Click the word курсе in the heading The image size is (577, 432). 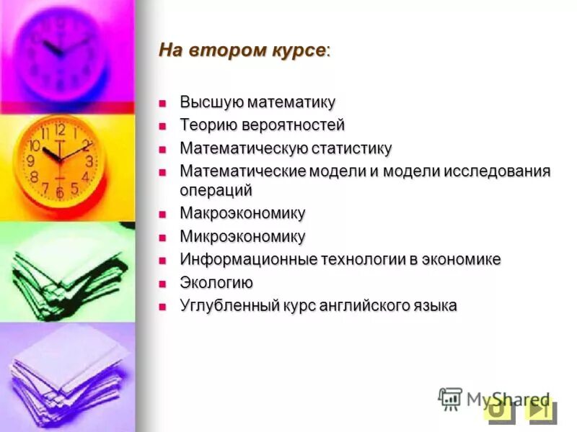tap(298, 51)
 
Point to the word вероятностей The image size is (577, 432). tap(296, 125)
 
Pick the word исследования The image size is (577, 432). tap(497, 171)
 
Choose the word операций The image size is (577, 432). tap(216, 191)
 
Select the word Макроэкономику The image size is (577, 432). tap(242, 213)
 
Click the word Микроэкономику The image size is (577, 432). tap(242, 236)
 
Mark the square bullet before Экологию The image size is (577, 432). tap(163, 282)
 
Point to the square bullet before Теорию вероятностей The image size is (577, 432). tap(163, 125)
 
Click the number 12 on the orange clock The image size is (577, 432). tap(60, 130)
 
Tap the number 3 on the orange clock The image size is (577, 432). tap(89, 161)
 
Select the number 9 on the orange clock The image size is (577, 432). tap(31, 161)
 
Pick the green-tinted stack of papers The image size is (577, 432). tap(69, 270)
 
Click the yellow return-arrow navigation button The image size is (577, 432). tap(498, 410)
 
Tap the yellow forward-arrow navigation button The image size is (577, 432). tap(539, 410)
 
